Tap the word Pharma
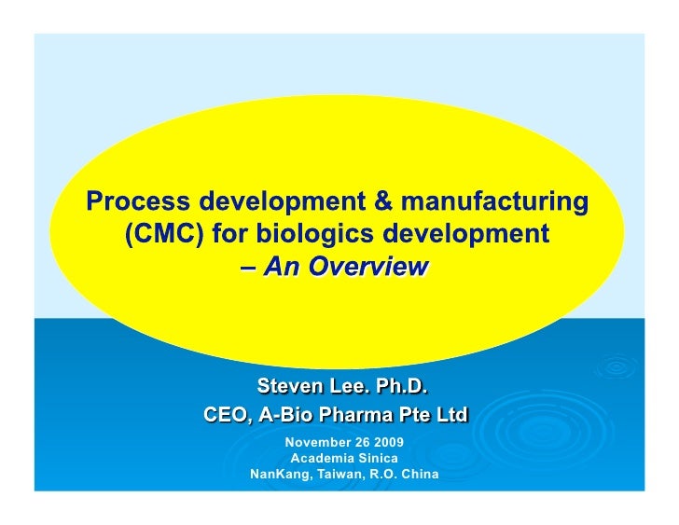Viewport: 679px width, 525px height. point(360,414)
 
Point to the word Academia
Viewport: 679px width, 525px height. point(323,458)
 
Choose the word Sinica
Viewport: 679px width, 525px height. point(377,458)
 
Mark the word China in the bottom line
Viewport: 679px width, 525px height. point(419,475)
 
